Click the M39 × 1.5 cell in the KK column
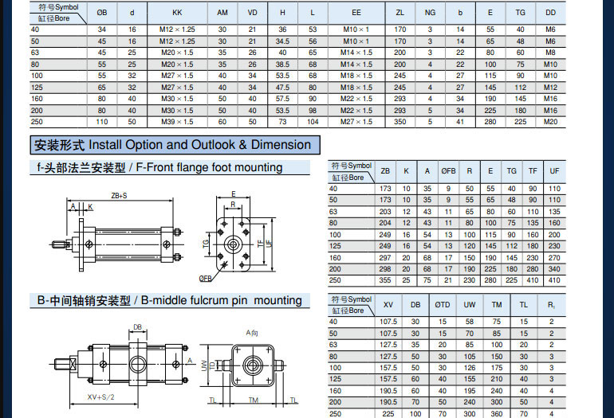(177, 122)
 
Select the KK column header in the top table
(177, 13)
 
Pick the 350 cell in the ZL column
(399, 122)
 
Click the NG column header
(430, 13)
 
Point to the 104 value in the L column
(313, 122)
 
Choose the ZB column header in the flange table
(385, 171)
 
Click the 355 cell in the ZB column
(385, 281)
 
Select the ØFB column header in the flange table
(448, 171)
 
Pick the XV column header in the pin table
(388, 304)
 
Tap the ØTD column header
(442, 304)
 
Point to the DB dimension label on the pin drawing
(138, 326)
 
